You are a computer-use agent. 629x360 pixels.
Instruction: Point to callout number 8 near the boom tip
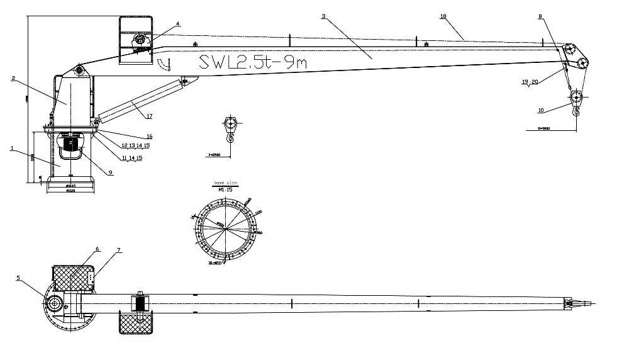540,18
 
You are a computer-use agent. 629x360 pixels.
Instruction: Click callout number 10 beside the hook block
540,110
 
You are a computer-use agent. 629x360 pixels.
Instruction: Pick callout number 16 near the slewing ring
149,136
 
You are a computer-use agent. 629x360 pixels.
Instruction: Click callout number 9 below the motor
110,172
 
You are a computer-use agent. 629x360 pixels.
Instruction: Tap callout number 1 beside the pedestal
12,149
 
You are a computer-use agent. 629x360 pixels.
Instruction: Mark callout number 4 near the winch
178,24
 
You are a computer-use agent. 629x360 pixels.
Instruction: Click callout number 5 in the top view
18,277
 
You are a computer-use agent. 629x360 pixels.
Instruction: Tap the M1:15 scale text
225,189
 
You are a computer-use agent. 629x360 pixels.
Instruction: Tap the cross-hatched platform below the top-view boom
136,323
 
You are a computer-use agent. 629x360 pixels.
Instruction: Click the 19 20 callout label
530,82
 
